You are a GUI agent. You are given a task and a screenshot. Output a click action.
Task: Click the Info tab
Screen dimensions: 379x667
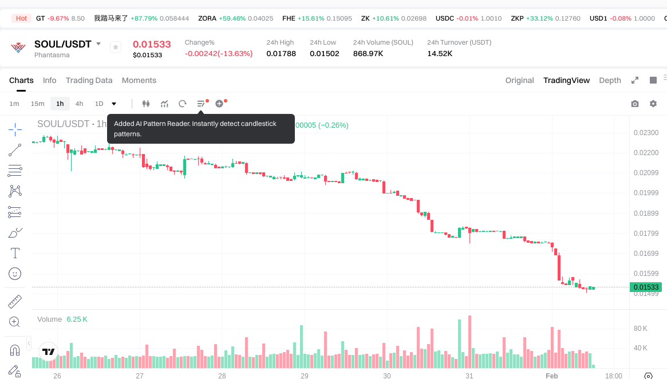(49, 80)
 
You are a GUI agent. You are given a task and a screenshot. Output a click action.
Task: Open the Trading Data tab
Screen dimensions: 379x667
(89, 80)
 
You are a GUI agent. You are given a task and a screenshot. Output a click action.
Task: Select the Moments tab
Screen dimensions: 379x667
(139, 80)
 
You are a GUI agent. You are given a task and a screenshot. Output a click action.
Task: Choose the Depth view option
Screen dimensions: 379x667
(610, 80)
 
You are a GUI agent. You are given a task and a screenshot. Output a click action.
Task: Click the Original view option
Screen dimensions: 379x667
(519, 80)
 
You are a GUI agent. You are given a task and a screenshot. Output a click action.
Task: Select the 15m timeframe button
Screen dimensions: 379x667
(37, 104)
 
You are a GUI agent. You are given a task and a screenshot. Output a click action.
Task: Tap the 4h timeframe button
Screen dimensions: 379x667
(79, 104)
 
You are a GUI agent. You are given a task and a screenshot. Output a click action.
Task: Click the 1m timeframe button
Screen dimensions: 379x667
(14, 104)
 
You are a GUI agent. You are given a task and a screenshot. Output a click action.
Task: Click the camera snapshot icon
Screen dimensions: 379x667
(634, 104)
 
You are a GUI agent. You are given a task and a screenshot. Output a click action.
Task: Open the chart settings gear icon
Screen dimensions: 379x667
(653, 104)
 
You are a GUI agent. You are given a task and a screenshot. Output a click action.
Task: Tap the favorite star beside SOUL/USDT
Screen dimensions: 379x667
(116, 47)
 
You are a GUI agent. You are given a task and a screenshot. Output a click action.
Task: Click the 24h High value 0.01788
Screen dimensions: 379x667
(281, 54)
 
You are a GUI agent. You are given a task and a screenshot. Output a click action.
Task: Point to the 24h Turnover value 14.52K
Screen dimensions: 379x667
(440, 54)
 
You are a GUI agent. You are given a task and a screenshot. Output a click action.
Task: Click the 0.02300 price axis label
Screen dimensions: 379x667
(646, 133)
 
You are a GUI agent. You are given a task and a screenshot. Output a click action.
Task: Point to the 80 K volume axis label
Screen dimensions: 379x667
(640, 329)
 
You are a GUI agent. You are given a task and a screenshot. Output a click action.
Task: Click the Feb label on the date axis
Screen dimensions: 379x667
(551, 376)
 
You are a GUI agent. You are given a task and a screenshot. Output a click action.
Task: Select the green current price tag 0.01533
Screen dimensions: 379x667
(645, 287)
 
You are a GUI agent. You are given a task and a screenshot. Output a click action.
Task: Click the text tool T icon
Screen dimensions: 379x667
(15, 253)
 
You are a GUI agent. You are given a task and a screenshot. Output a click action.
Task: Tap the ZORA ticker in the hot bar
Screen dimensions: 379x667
(207, 18)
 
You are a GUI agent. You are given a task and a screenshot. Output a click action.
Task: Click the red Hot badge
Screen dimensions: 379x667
(22, 18)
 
